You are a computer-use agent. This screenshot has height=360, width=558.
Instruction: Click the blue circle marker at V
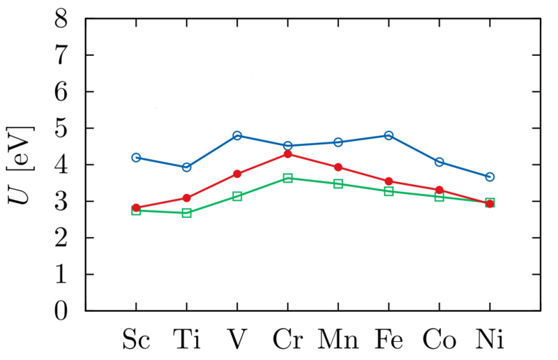coord(237,135)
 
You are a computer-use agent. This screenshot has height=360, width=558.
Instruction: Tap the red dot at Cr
coord(287,153)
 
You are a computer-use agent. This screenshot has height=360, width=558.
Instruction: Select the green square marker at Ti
coord(186,213)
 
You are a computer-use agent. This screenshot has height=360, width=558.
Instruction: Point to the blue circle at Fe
coord(389,135)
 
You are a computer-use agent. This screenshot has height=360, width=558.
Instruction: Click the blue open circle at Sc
coord(136,158)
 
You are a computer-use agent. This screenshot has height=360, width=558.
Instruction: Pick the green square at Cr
coord(287,178)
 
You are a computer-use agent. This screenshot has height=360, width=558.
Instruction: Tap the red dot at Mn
coord(338,167)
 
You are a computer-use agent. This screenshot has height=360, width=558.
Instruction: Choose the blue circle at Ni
coord(490,177)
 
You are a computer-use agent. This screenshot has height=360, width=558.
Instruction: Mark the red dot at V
coord(237,174)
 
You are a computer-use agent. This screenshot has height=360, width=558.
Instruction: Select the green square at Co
coord(439,197)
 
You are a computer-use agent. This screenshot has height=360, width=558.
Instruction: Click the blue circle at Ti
coord(186,167)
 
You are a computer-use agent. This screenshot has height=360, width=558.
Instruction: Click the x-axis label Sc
coord(136,340)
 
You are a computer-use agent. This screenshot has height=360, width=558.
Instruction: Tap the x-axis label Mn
coord(338,340)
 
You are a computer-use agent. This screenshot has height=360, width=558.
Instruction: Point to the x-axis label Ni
coord(490,340)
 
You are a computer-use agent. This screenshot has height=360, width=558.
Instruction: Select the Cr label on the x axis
coord(287,340)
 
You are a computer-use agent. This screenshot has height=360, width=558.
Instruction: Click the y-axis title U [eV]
coord(21,165)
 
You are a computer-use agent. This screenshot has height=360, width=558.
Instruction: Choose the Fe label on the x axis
coord(389,340)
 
